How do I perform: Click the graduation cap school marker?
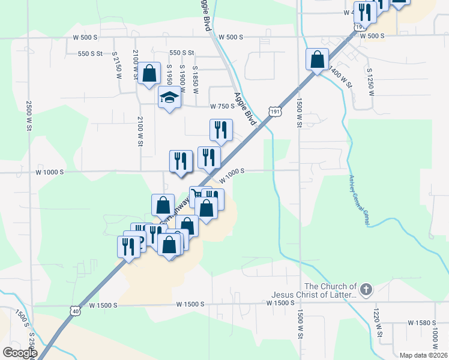pyautogui.click(x=170, y=98)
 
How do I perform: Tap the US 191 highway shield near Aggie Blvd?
pyautogui.click(x=274, y=112)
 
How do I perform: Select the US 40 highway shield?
pyautogui.click(x=74, y=310)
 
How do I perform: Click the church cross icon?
pyautogui.click(x=366, y=291)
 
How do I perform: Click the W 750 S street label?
pyautogui.click(x=221, y=106)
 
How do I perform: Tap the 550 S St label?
pyautogui.click(x=181, y=53)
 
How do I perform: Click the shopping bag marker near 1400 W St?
pyautogui.click(x=317, y=60)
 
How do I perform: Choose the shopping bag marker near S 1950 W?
pyautogui.click(x=150, y=74)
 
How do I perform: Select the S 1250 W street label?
pyautogui.click(x=370, y=81)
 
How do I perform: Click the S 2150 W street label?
pyautogui.click(x=116, y=65)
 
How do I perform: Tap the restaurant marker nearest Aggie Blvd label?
pyautogui.click(x=221, y=130)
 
